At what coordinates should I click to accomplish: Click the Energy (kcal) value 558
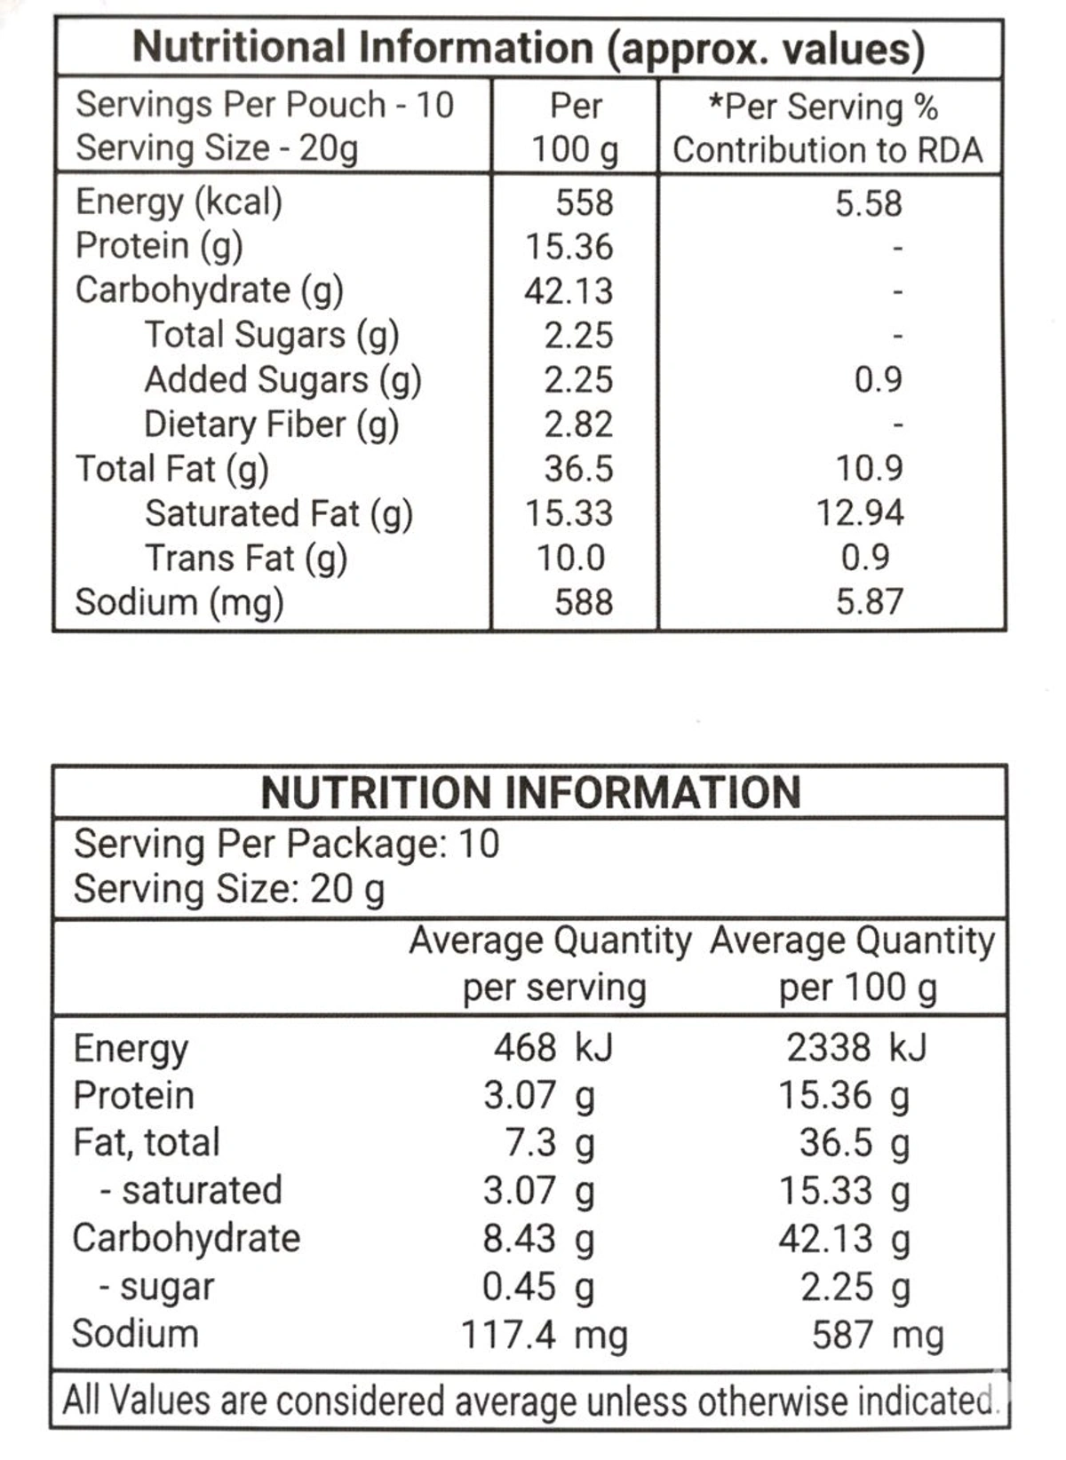coord(584,202)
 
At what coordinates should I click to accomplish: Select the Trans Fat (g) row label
coord(245,558)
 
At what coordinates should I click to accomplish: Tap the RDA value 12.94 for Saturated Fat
coord(860,512)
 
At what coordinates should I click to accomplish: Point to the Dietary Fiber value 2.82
coord(578,424)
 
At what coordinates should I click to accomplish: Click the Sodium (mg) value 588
coord(584,602)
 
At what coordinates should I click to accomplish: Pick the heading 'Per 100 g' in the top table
coord(575,127)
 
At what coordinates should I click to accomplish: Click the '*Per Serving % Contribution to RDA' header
coord(827,127)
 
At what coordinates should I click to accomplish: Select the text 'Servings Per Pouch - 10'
coord(265,105)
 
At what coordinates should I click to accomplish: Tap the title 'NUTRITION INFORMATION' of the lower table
coord(530,792)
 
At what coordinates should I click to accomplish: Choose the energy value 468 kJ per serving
coord(553,1048)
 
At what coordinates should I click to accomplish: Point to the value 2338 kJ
coord(855,1048)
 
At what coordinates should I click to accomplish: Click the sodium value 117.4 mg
coord(544,1335)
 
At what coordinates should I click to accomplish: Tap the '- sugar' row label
coord(156,1287)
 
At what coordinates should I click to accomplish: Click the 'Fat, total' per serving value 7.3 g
coord(549,1143)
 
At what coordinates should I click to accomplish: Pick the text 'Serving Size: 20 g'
coord(229,889)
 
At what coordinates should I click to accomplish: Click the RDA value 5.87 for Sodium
coord(869,602)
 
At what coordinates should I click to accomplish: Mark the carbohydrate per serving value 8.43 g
coord(538,1239)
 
